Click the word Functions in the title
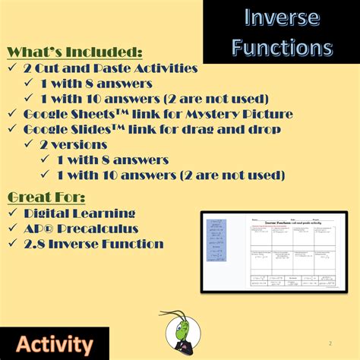point(282,47)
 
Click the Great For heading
point(42,197)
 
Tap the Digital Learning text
point(80,213)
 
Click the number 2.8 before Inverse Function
point(36,244)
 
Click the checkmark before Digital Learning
point(13,213)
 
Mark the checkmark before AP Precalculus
point(13,229)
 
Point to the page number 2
point(330,343)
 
